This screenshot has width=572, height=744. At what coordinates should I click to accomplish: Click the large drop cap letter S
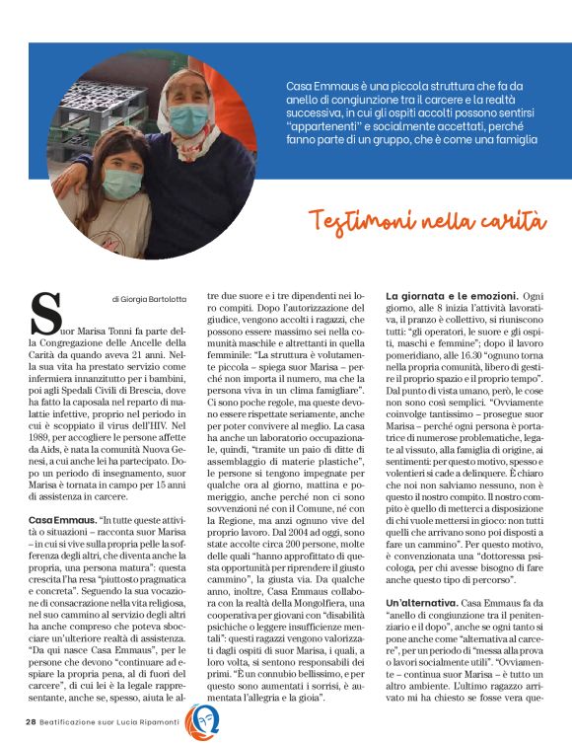47,312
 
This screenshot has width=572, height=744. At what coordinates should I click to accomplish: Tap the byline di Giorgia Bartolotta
148,298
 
